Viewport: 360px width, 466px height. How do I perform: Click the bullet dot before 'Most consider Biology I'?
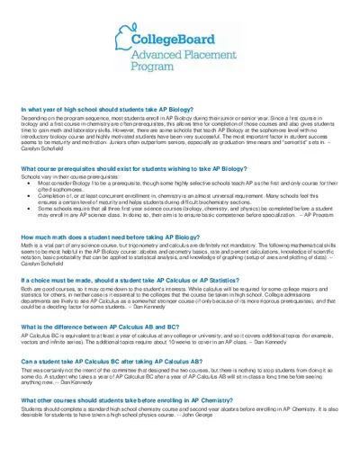pyautogui.click(x=30, y=183)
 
